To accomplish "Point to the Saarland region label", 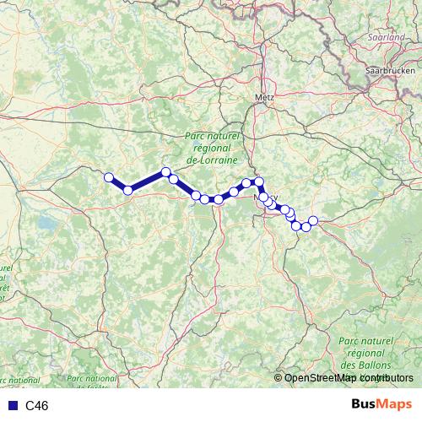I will [x=386, y=38].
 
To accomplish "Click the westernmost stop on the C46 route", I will [x=109, y=177].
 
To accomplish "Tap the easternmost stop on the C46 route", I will [x=313, y=220].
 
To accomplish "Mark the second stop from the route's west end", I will [x=128, y=190].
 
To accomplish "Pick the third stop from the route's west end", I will [x=166, y=172].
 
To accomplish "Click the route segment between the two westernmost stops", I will [x=118, y=184].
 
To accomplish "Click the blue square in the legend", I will [x=13, y=406].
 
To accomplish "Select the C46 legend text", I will [x=37, y=406].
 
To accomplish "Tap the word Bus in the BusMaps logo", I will [x=365, y=404].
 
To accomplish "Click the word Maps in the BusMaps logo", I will [x=395, y=404].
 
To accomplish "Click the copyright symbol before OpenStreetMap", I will [x=279, y=378].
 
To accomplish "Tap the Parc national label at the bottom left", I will [x=91, y=379].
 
